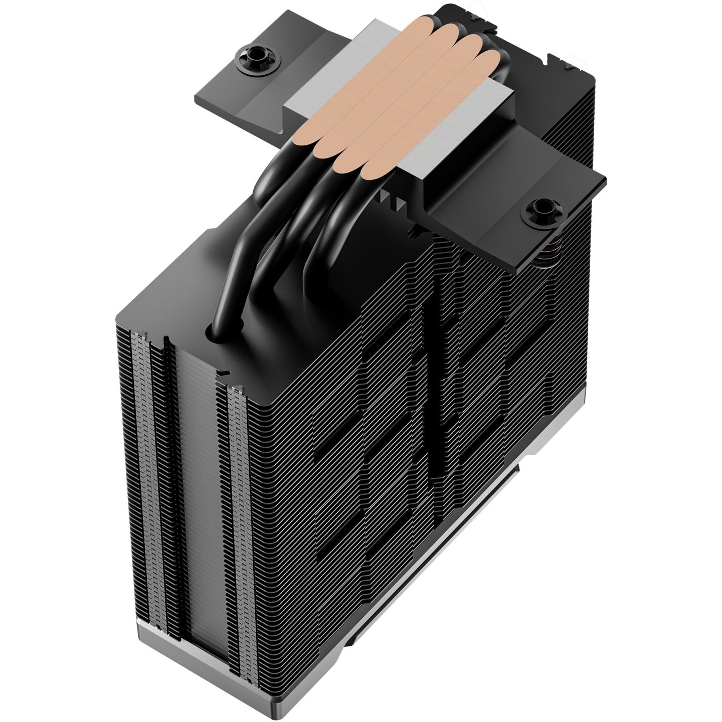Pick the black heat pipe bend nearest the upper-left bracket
click(271, 170)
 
